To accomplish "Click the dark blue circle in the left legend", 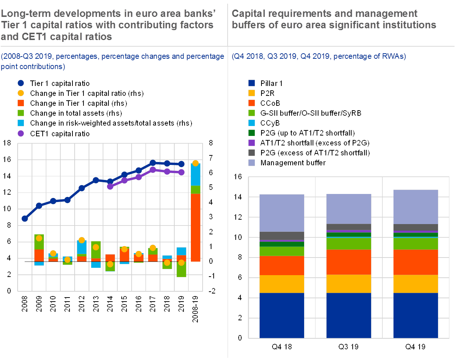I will click(21, 83).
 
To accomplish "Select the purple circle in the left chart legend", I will click(21, 133).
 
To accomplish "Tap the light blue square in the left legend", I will click(21, 123).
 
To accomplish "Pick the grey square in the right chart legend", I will click(252, 153).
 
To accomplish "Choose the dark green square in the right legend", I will click(252, 133).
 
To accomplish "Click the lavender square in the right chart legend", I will click(252, 163).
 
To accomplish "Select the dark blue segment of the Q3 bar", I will click(349, 315).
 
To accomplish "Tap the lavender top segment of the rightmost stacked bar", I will click(416, 207).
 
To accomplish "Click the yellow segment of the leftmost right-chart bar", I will click(282, 284).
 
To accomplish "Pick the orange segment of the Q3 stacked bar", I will click(349, 262).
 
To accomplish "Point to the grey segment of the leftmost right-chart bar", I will click(282, 235).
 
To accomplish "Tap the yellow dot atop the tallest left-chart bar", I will click(195, 163).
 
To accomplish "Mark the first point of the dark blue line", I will click(25, 219).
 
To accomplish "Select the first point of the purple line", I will click(110, 186).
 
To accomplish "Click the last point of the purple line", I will click(181, 172).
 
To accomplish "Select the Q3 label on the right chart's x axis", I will click(349, 346).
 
